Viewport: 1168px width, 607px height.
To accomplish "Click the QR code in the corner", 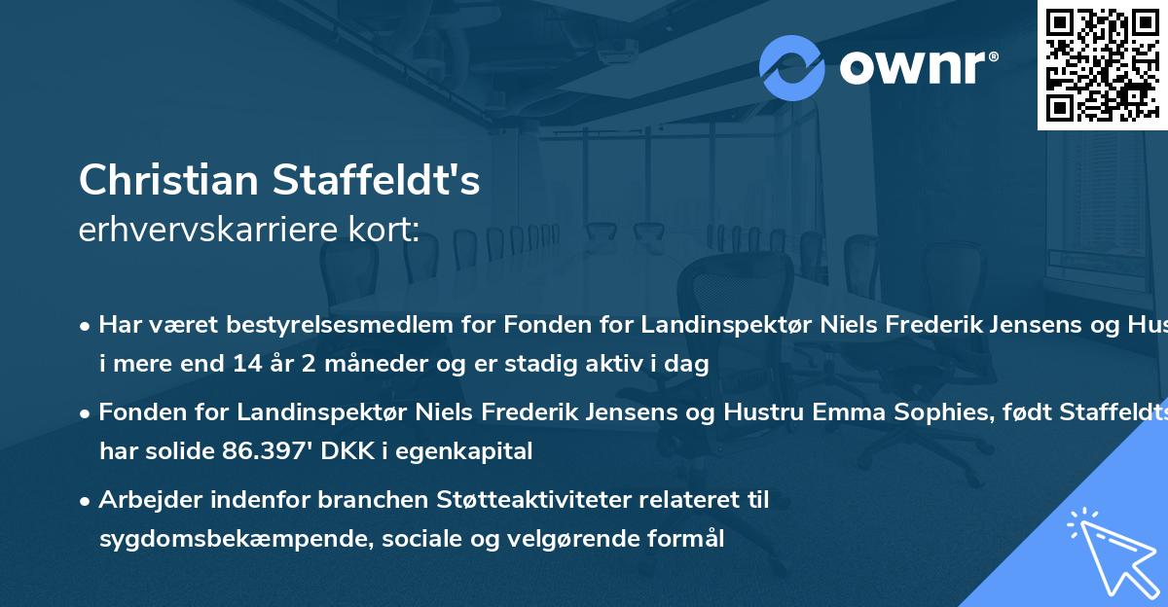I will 1101,64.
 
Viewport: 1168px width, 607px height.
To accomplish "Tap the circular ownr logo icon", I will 791,67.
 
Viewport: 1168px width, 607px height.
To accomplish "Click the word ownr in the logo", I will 914,68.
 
